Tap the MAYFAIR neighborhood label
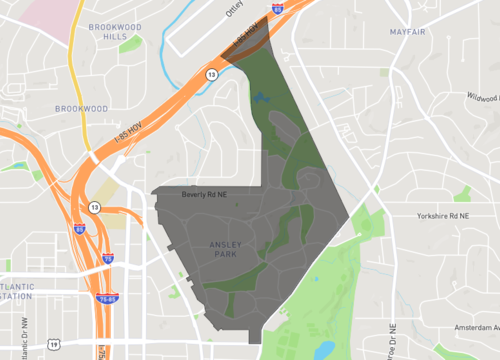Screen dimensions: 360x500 [x=410, y=32]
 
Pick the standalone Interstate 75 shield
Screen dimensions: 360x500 [x=108, y=258]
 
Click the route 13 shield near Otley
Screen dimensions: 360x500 [x=211, y=74]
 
